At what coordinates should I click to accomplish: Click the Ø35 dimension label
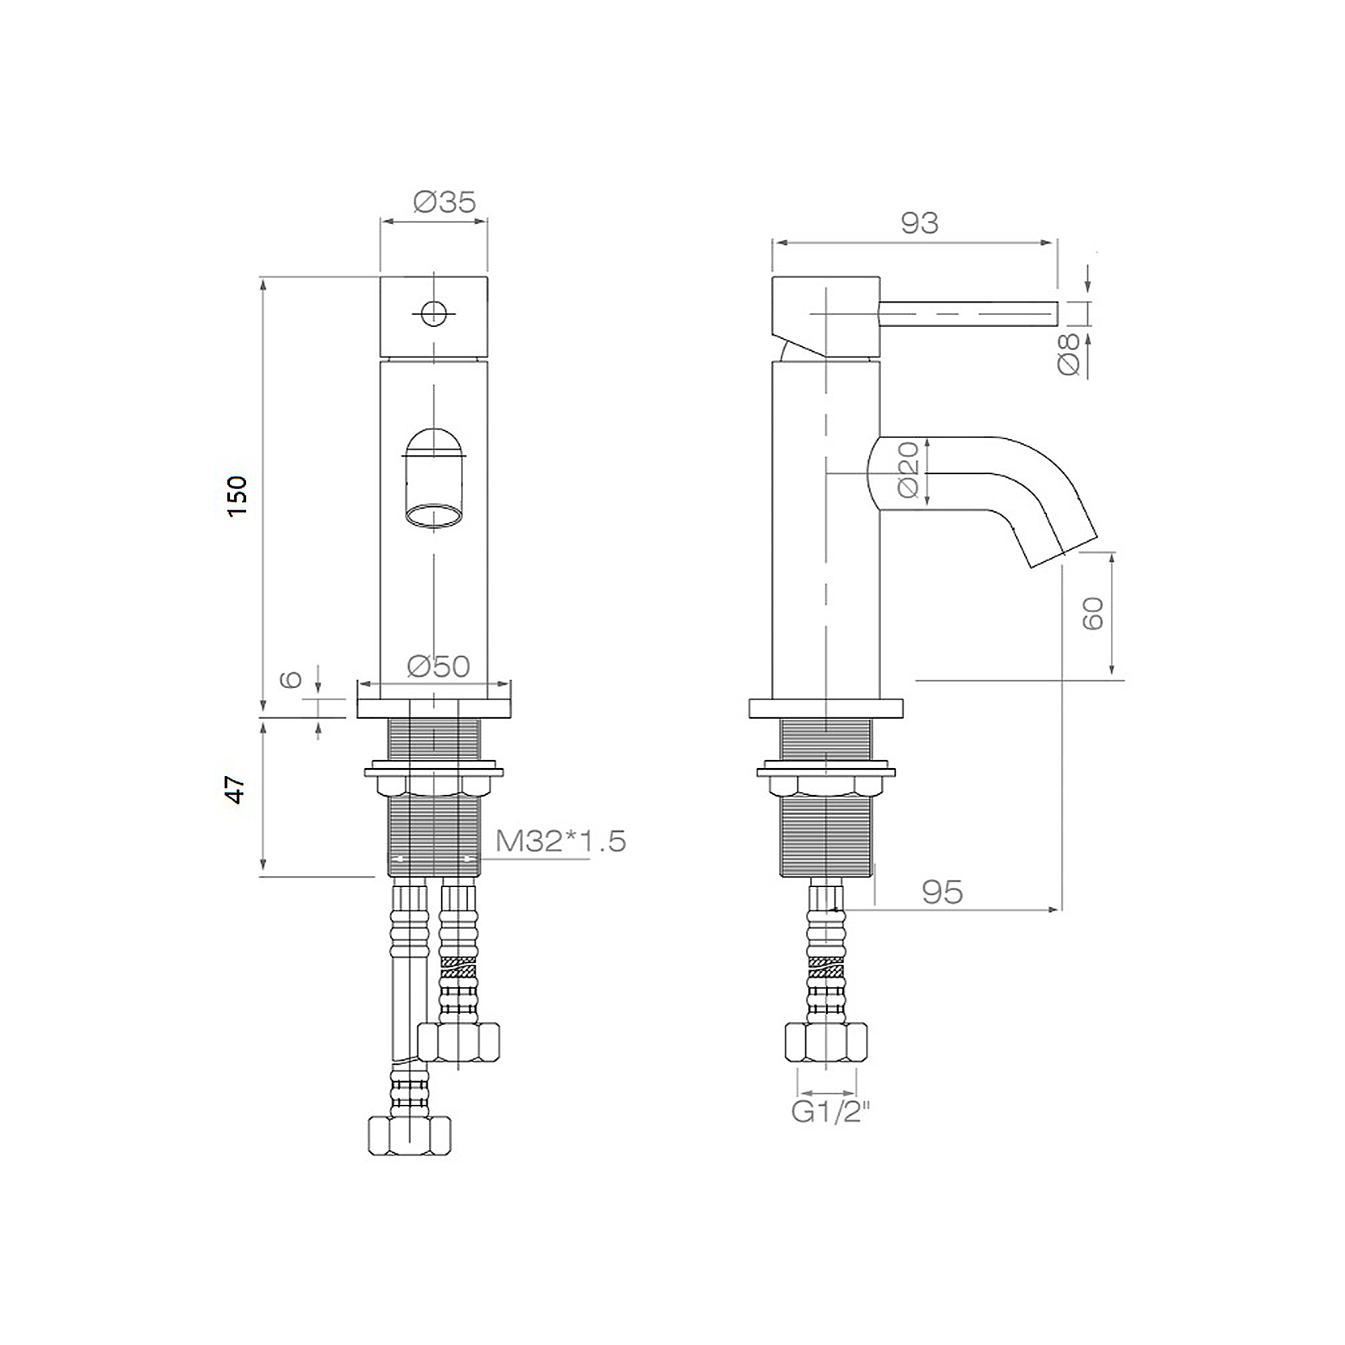[444, 202]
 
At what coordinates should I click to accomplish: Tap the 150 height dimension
[237, 496]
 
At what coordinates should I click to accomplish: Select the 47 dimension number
[236, 790]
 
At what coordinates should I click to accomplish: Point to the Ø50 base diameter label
[438, 666]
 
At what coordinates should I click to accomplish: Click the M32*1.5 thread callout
[560, 841]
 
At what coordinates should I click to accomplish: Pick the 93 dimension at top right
[919, 223]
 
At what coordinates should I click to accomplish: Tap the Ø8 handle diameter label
[1069, 354]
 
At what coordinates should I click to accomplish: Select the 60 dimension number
[1093, 613]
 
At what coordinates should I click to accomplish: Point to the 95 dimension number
[942, 892]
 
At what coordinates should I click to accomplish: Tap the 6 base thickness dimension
[291, 679]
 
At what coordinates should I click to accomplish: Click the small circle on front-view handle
[434, 313]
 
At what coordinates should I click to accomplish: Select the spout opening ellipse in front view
[434, 516]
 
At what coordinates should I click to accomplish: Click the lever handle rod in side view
[968, 313]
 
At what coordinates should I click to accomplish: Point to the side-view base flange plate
[826, 708]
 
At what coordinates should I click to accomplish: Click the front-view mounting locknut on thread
[434, 785]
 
